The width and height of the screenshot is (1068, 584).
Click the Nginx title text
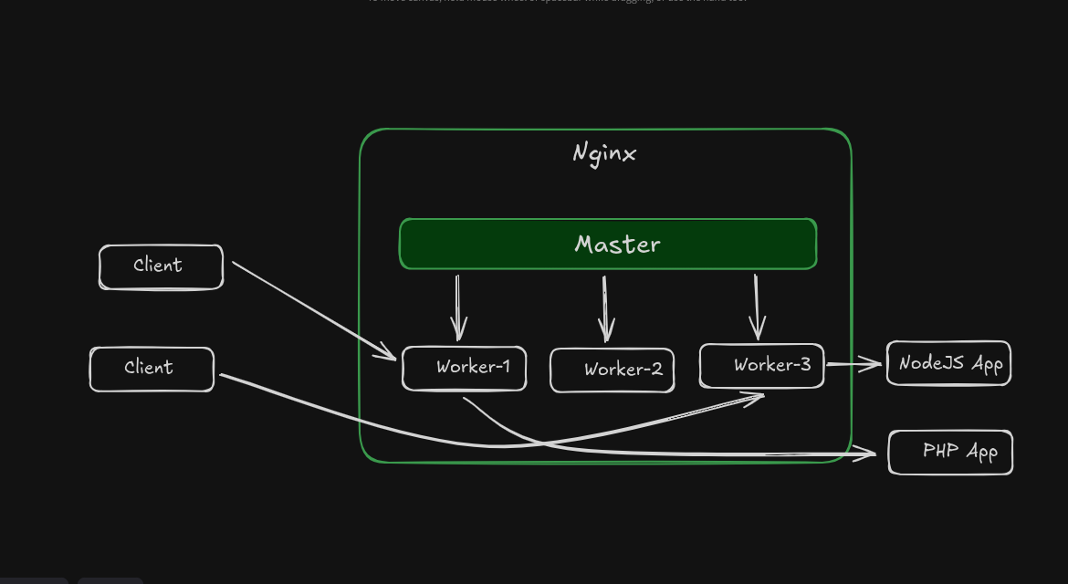tap(603, 153)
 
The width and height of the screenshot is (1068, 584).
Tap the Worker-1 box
tap(464, 368)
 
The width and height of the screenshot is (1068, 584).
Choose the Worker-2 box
tap(612, 370)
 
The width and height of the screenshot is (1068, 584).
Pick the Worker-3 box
tap(761, 365)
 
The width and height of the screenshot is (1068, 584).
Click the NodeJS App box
tap(948, 363)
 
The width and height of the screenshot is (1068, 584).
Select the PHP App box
tap(950, 452)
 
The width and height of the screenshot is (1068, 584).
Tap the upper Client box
tap(161, 266)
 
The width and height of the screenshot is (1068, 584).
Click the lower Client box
tap(152, 369)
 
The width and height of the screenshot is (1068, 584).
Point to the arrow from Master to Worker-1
tap(458, 306)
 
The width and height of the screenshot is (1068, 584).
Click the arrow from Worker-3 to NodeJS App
tap(853, 364)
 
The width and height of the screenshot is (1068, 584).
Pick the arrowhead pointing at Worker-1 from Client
tap(389, 354)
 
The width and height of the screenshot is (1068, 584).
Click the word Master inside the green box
tap(617, 245)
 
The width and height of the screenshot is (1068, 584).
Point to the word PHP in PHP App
tap(941, 450)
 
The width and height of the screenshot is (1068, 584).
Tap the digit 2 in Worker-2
tap(656, 370)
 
